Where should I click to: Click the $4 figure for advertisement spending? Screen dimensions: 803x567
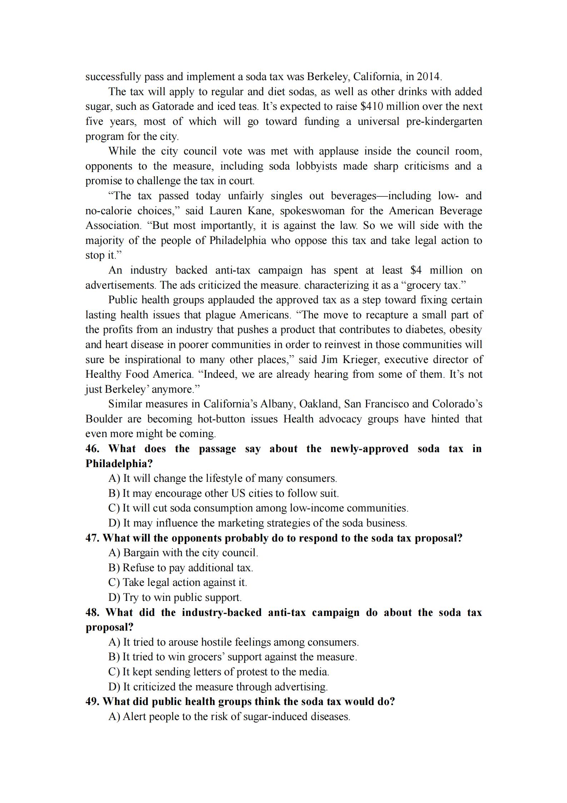pos(416,270)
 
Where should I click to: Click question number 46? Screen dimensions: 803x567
pos(92,449)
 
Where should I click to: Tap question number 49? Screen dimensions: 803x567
pos(92,702)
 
